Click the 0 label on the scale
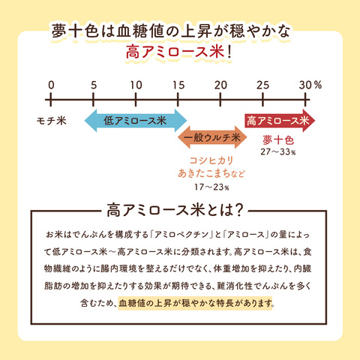(51, 85)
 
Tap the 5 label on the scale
(94, 85)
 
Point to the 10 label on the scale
(136, 85)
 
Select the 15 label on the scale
(178, 85)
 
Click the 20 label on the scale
(220, 85)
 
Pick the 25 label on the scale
(262, 85)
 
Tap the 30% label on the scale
(310, 85)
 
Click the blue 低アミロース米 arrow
(136, 121)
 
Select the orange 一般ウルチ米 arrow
(212, 137)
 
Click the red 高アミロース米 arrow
(280, 121)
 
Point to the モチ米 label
(52, 121)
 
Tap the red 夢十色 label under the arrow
(278, 140)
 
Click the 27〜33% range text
(278, 151)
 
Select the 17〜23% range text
(211, 187)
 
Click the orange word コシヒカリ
(211, 160)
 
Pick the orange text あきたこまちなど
(211, 173)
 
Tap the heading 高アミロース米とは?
(175, 210)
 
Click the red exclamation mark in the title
(229, 52)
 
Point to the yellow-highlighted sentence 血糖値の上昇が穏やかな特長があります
(195, 303)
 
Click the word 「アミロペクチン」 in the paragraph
(181, 235)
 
